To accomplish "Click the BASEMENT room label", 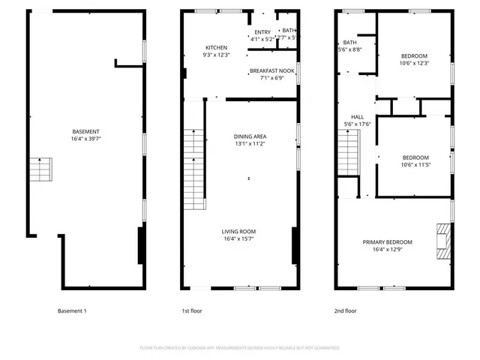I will coord(86,132).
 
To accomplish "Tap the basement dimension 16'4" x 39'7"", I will coord(86,139).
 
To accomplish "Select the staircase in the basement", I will coord(41,170).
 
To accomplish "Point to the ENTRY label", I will coord(262,32).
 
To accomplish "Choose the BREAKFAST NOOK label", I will coord(273,70).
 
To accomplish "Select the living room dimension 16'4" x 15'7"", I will coord(239,238).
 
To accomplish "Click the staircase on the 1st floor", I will coord(194,169).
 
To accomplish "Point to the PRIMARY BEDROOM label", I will coord(388,241).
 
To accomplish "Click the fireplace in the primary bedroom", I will coord(445,241).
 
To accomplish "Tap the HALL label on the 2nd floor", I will coord(358,117).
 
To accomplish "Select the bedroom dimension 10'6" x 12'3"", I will coord(414,63).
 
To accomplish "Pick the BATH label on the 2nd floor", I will coord(350,43).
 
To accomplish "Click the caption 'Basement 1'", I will coord(73,310).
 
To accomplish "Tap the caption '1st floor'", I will coord(192,310).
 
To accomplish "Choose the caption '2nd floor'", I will coord(345,310).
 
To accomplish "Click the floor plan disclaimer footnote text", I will coord(240,348).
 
